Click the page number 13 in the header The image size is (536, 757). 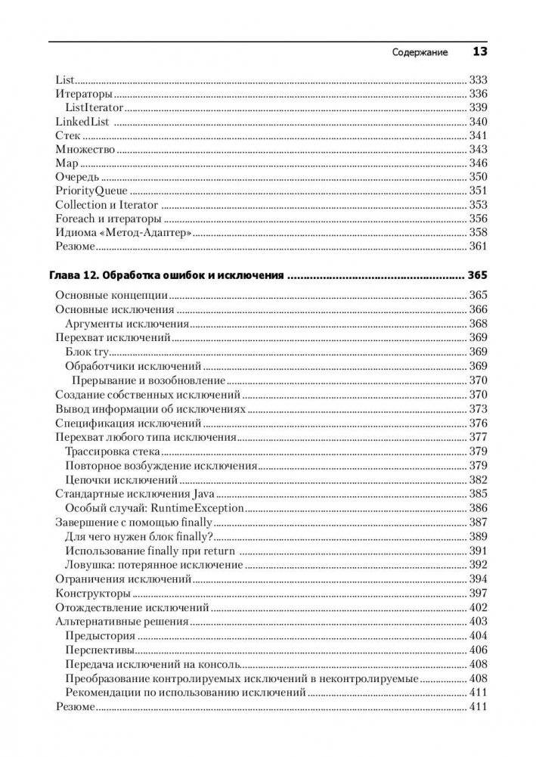479,52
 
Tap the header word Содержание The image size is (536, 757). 420,53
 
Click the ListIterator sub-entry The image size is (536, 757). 94,108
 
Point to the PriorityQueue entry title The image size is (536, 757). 91,191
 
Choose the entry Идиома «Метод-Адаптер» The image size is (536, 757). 123,232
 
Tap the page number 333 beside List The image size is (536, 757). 478,80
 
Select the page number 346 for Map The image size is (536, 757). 478,163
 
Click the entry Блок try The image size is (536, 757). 88,352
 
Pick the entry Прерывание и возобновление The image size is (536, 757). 149,380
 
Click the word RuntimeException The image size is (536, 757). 197,508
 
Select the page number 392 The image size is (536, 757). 478,564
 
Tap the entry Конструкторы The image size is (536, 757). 93,593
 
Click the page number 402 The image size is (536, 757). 478,607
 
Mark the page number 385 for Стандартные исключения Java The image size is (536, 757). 478,494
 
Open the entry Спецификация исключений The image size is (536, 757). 128,423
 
